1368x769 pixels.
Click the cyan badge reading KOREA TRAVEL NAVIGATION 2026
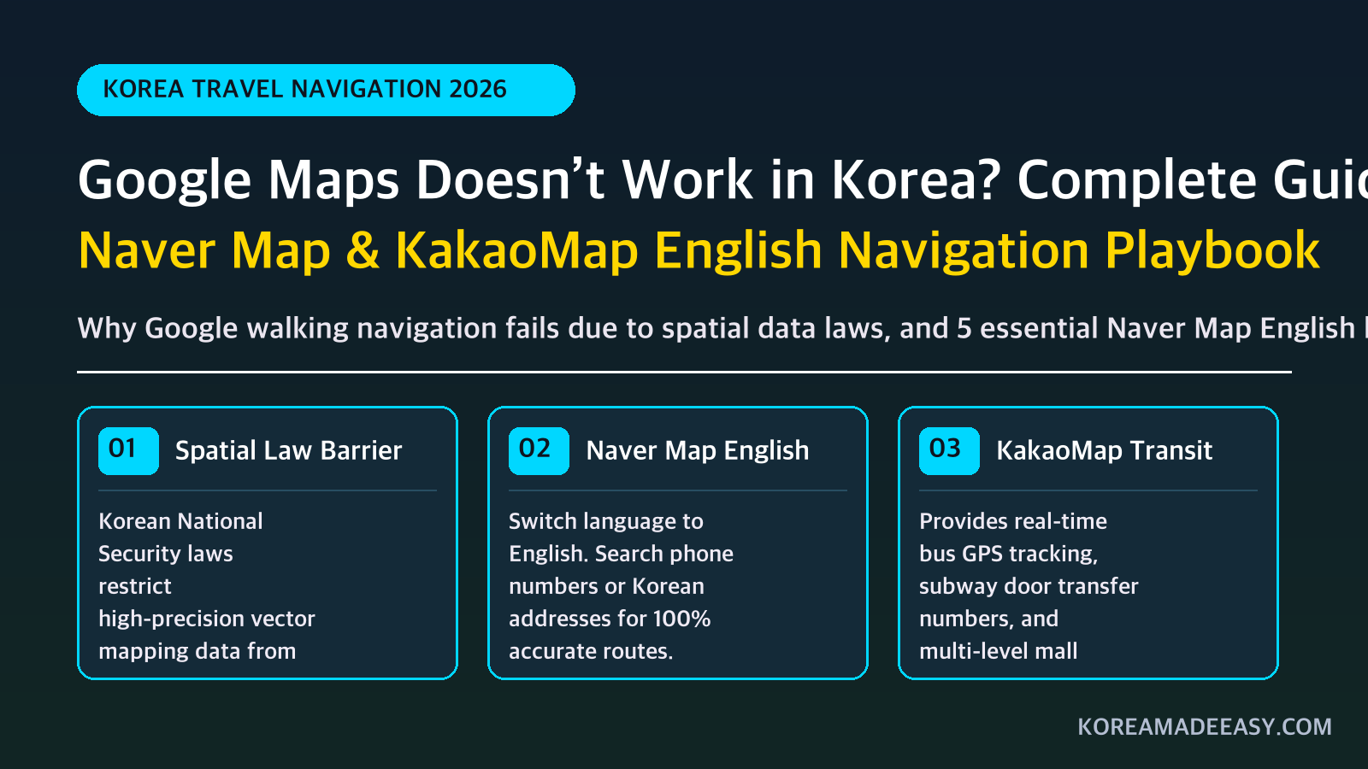pos(326,90)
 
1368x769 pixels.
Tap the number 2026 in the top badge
pos(478,89)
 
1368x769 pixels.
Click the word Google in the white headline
pos(164,180)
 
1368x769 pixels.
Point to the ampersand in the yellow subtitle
pos(363,250)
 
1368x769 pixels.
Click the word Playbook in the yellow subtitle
pos(1212,251)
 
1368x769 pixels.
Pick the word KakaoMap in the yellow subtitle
pos(516,250)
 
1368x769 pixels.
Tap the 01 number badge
pos(128,450)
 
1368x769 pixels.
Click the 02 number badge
pos(539,450)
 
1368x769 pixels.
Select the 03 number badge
pos(949,450)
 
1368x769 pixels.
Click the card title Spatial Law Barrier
pos(288,450)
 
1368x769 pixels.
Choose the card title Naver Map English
pos(698,451)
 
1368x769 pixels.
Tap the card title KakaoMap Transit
pos(1104,451)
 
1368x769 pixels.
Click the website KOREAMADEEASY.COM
pos(1205,726)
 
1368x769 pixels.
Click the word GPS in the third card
pos(982,554)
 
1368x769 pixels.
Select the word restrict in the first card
pos(135,586)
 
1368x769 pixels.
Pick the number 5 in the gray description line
pos(964,328)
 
